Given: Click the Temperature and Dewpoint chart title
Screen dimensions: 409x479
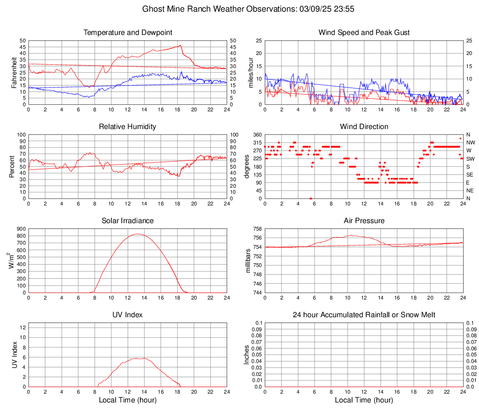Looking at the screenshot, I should coord(127,33).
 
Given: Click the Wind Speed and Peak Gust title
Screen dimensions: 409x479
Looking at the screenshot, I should coord(364,33).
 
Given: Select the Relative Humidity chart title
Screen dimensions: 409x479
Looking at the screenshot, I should coord(127,127).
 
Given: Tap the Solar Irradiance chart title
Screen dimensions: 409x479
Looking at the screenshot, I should coord(127,221).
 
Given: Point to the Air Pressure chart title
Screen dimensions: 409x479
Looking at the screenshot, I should coord(364,221).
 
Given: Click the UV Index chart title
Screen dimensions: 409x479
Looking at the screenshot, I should coord(127,315).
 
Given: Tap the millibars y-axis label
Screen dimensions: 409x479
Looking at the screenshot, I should coord(248,261).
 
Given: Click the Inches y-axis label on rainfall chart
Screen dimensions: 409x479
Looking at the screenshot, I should coord(247,355).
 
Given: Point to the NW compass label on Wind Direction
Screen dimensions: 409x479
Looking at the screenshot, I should coord(470,143).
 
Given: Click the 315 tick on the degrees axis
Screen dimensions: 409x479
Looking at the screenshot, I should coord(257,143).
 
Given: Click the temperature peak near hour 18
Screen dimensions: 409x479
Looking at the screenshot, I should coord(180,45).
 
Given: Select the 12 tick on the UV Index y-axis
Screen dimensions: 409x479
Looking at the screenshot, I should coord(22,327).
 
